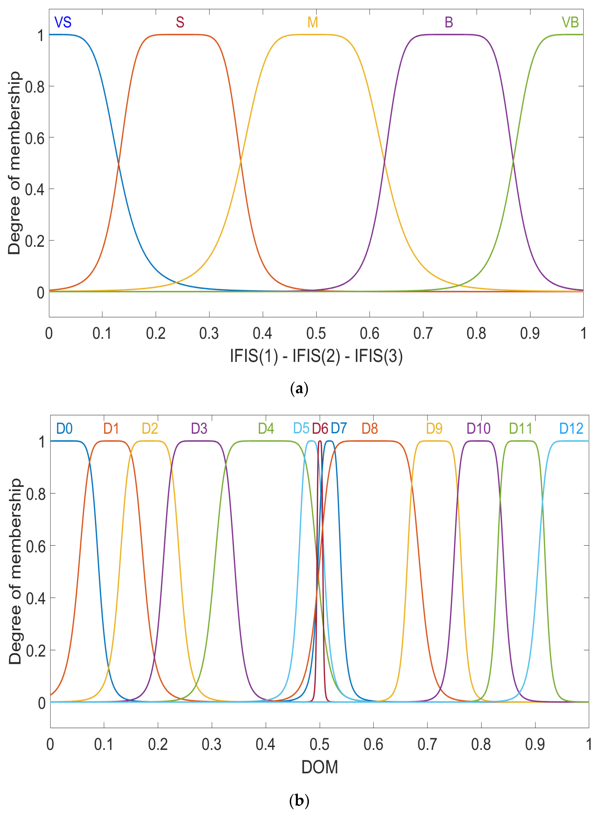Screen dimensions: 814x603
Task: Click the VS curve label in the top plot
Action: coord(63,22)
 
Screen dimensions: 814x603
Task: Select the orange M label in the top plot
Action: coord(312,22)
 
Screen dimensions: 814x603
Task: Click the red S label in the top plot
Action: coord(180,22)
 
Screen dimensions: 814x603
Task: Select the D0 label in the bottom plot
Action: coord(64,428)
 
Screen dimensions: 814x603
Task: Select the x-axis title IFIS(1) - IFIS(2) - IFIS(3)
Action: coord(316,356)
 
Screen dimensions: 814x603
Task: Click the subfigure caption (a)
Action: coord(299,389)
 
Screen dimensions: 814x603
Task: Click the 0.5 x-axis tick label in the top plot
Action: coord(316,333)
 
